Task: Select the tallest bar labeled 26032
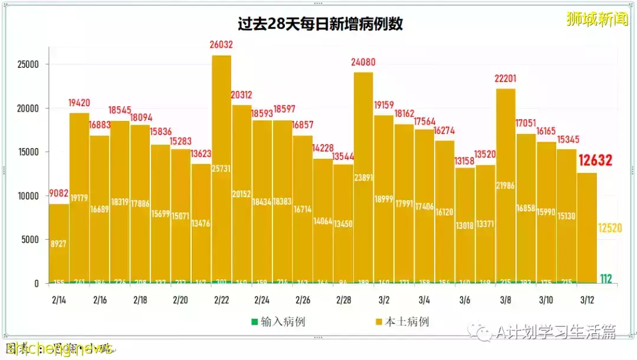pyautogui.click(x=221, y=171)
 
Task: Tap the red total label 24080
pyautogui.click(x=363, y=62)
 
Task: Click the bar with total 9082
pyautogui.click(x=58, y=242)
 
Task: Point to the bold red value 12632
pyautogui.click(x=595, y=161)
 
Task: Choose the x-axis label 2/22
pyautogui.click(x=221, y=300)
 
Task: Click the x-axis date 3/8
pyautogui.click(x=505, y=300)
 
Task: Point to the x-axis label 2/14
pyautogui.click(x=58, y=300)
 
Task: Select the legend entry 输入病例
pyautogui.click(x=278, y=322)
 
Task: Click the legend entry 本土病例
pyautogui.click(x=402, y=322)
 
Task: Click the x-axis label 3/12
pyautogui.click(x=586, y=300)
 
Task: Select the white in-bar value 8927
pyautogui.click(x=58, y=243)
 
